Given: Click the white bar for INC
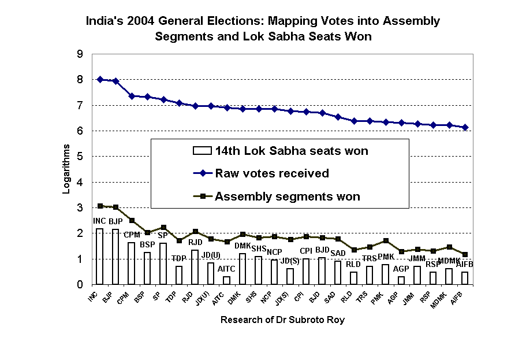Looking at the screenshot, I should (x=100, y=257).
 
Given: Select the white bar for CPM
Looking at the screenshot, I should (x=132, y=263).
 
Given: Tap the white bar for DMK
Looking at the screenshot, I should (x=243, y=269).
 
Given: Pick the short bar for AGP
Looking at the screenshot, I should (x=401, y=280).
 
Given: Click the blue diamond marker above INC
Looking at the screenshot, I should (x=100, y=79).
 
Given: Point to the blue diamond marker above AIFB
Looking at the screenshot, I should (x=465, y=127).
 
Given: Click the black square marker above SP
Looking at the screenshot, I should (x=163, y=227).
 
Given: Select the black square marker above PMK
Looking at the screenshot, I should (x=386, y=240).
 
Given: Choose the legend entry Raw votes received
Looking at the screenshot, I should (x=272, y=173).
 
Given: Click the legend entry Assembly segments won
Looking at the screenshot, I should (x=287, y=196).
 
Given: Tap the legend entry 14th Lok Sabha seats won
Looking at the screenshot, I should (x=292, y=151).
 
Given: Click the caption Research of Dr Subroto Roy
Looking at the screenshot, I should (x=282, y=320).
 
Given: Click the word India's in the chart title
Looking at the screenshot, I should (x=105, y=21).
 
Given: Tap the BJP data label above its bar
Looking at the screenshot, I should (x=115, y=221).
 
